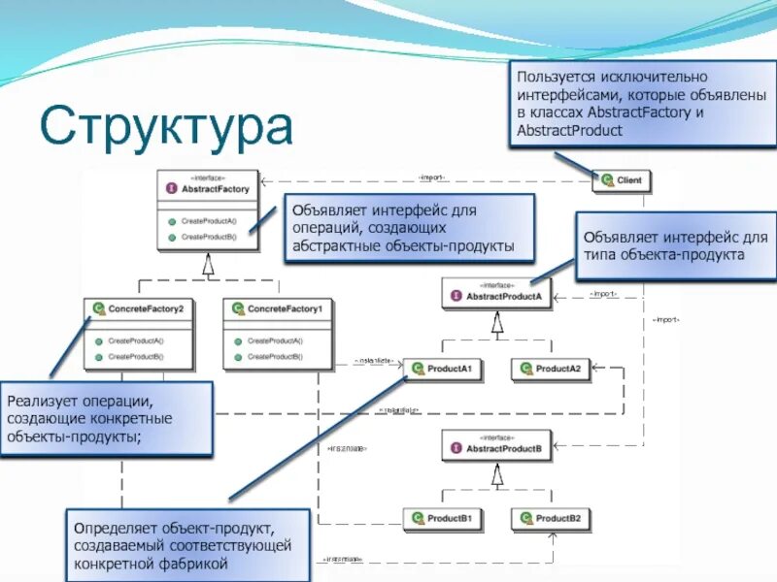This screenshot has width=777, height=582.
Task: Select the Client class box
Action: click(x=624, y=180)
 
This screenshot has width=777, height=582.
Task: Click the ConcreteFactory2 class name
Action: click(x=146, y=308)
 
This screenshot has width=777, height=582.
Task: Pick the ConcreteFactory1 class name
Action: click(x=285, y=308)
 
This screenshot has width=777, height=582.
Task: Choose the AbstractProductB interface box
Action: click(x=497, y=446)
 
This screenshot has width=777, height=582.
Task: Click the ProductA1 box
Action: click(x=443, y=369)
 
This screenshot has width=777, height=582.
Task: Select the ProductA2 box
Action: click(x=551, y=369)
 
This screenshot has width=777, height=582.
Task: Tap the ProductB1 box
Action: click(x=443, y=520)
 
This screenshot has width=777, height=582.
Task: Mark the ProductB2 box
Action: click(x=551, y=520)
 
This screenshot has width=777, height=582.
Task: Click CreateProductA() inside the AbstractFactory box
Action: click(x=209, y=221)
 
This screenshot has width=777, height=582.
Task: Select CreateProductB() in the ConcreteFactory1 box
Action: click(x=275, y=356)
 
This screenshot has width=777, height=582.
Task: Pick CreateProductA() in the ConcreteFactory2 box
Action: click(x=136, y=341)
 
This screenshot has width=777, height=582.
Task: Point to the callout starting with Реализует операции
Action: click(x=107, y=418)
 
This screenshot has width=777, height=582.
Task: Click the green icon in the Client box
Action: click(x=607, y=180)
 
